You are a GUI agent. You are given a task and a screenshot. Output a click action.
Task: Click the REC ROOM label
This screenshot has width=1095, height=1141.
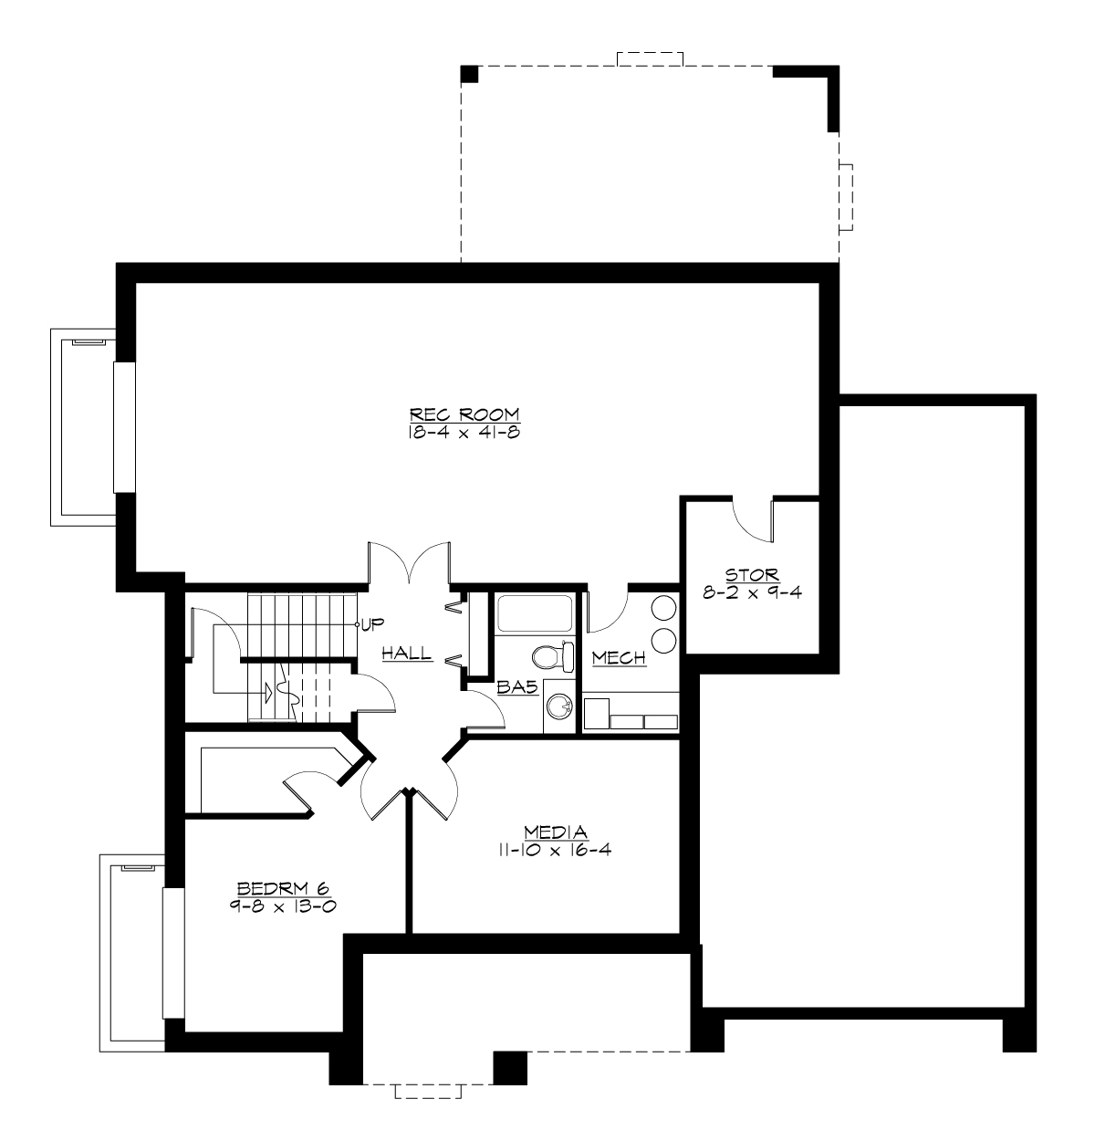coord(464,413)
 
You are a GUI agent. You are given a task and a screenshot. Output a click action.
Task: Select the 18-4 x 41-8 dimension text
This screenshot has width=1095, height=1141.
coord(464,433)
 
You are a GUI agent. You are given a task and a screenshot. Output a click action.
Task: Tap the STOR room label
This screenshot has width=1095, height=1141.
coord(752,575)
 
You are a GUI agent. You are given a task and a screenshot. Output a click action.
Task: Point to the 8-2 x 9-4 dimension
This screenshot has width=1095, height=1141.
coord(752,591)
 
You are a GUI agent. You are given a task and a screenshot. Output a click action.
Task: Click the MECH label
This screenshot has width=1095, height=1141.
coord(619,658)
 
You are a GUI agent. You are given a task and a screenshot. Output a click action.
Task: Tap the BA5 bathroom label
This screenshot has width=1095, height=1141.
coord(516,689)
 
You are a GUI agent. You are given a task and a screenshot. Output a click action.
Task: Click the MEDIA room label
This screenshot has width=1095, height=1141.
coord(556,832)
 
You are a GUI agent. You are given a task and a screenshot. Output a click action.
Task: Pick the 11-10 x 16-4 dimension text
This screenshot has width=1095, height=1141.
coord(556,849)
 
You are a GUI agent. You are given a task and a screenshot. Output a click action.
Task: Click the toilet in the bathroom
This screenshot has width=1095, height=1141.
coord(553,655)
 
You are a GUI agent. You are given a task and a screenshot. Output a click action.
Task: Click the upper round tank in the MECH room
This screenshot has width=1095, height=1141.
coord(665,609)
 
